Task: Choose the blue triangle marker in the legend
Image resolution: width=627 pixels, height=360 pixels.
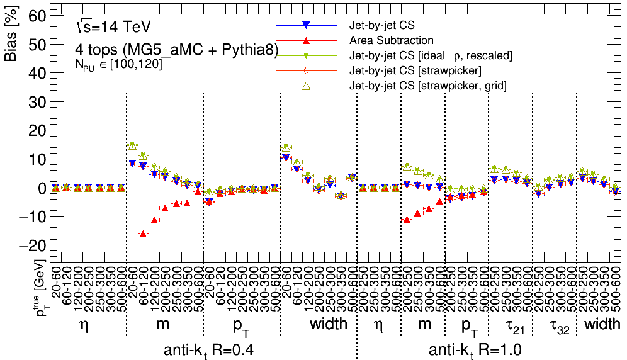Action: [305, 26]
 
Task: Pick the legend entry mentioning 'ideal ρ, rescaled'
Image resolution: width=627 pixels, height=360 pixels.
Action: [431, 55]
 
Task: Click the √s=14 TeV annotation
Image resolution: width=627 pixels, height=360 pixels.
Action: [112, 27]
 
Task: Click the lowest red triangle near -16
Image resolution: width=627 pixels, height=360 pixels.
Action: [143, 233]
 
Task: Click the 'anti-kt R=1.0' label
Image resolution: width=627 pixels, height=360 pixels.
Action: [475, 350]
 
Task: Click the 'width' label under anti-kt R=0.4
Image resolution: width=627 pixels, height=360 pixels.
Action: [328, 324]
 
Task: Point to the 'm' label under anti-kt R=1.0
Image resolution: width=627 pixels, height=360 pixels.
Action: [425, 324]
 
